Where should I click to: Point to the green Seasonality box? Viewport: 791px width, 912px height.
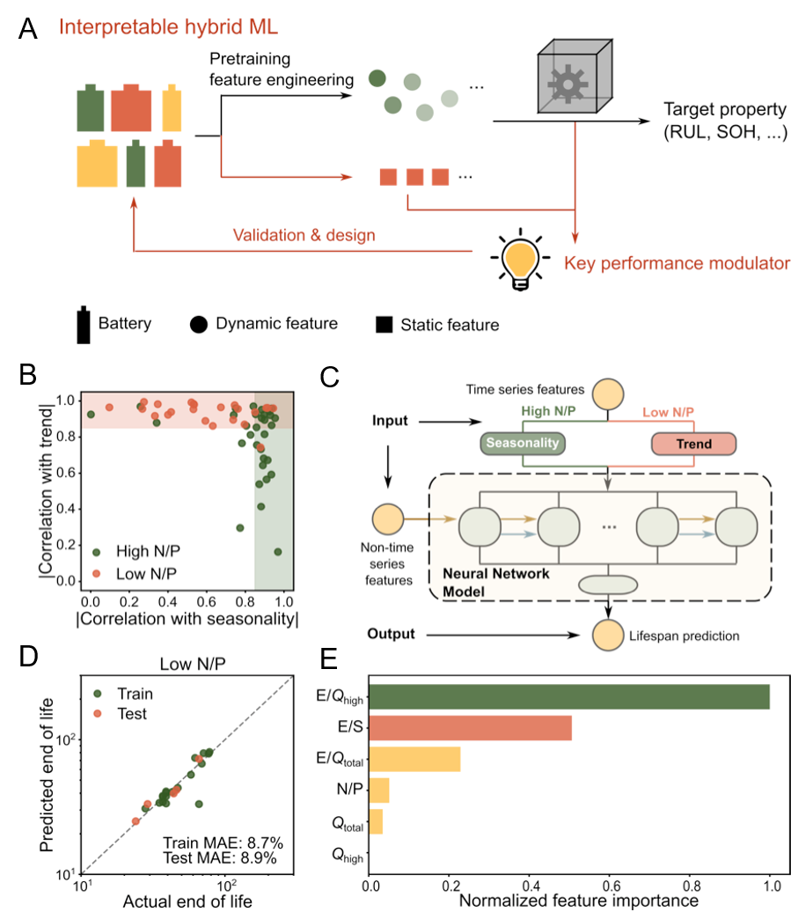523,444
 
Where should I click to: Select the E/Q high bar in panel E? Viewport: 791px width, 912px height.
570,697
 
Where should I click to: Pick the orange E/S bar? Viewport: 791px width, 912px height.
471,728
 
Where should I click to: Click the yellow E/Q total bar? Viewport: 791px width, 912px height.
415,759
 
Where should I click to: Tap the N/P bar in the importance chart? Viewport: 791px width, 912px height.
380,790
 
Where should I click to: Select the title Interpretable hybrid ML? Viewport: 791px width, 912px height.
168,26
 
